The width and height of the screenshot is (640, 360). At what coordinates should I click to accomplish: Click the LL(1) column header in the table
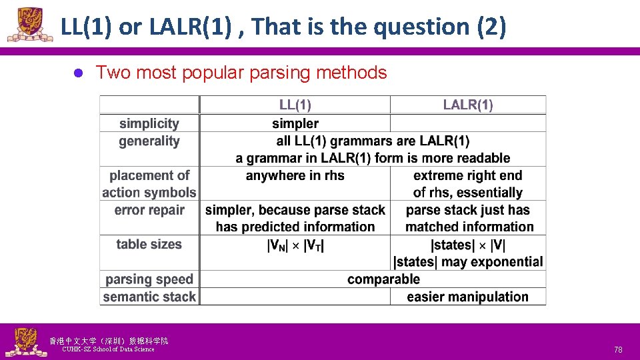295,105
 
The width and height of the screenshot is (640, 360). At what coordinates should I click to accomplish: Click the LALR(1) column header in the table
468,105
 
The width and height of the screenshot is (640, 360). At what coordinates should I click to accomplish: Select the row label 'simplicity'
149,123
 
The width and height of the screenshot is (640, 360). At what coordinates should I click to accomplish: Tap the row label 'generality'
149,141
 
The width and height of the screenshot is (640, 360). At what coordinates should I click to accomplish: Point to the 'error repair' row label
149,210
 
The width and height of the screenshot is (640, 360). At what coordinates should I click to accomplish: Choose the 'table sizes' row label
149,244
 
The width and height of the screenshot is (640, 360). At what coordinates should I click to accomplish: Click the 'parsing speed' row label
149,279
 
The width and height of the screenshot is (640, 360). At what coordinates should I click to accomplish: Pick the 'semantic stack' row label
149,297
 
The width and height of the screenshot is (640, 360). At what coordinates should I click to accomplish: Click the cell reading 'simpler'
295,123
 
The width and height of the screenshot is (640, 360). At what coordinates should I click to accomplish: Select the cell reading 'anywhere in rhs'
295,175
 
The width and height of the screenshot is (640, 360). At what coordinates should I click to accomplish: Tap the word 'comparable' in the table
383,279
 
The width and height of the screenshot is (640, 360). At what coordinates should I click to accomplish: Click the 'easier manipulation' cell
467,297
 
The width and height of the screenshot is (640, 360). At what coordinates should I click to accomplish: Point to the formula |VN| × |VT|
295,245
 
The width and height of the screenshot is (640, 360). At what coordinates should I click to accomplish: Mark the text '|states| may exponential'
468,262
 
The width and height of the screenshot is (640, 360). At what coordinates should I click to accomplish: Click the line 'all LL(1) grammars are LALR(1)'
373,141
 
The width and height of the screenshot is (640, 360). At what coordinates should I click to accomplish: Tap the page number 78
618,349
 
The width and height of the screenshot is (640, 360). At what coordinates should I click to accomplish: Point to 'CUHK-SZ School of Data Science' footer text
108,349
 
